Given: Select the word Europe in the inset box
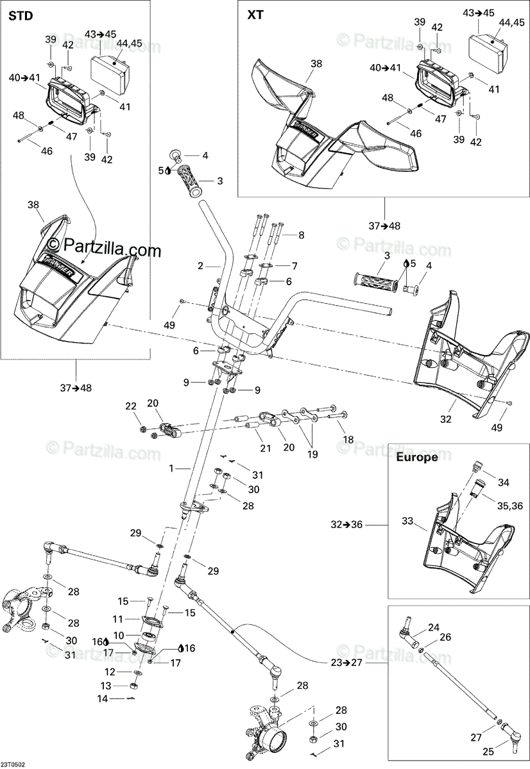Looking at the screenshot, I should pyautogui.click(x=416, y=457).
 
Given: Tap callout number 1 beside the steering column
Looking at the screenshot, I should pyautogui.click(x=171, y=469).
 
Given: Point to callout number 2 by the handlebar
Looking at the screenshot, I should pyautogui.click(x=200, y=265).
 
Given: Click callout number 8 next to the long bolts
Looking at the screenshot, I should pyautogui.click(x=302, y=235).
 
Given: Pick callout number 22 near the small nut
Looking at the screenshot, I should pyautogui.click(x=131, y=406).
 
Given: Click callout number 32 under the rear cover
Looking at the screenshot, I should pyautogui.click(x=446, y=419).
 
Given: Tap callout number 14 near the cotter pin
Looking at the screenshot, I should pyautogui.click(x=103, y=699).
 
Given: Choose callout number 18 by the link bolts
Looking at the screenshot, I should pyautogui.click(x=348, y=439).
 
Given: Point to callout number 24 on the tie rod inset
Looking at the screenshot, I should pyautogui.click(x=434, y=627).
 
